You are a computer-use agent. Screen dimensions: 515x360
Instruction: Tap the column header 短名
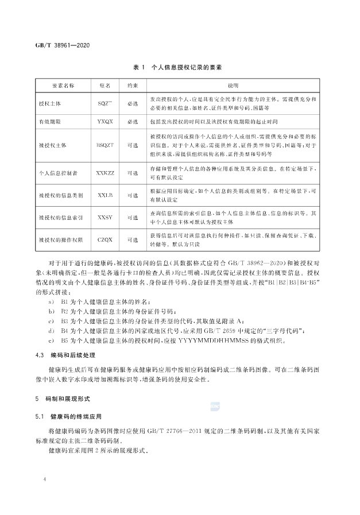(105, 86)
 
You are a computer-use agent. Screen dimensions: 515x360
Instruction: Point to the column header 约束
(132, 86)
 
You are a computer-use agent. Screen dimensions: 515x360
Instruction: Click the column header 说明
(233, 86)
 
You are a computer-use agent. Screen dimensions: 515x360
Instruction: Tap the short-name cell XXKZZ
(105, 172)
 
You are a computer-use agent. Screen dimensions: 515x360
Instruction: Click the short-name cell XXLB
(105, 195)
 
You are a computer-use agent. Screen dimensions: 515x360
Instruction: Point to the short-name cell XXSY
(105, 218)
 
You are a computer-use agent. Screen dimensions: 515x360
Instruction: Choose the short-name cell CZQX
(105, 241)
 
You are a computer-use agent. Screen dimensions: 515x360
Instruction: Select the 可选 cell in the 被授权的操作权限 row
(132, 241)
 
